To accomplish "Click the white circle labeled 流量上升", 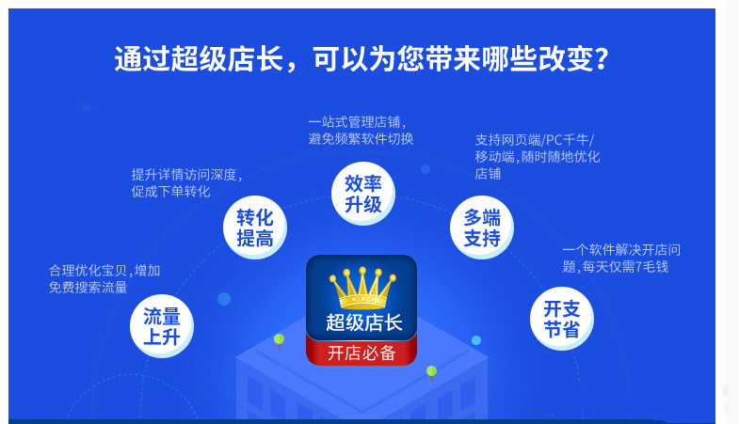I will pos(161,326).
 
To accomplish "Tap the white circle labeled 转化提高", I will pos(254,228).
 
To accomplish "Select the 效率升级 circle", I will pos(362,193).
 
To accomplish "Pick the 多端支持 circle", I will pos(481,228).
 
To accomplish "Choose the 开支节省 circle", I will pos(561,318).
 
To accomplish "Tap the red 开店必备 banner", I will pos(361,353).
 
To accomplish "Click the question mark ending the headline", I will pos(601,59).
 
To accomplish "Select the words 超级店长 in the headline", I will pos(227,59).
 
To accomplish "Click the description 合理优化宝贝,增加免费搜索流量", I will pos(104,278).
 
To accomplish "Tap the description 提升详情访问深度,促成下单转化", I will pos(186,182).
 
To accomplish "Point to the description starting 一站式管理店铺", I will pos(361,130).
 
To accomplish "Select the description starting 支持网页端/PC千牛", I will pos(537,156).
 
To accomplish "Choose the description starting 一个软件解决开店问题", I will pos(620,258).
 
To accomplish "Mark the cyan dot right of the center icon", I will pos(476,340).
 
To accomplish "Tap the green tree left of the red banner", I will pos(279,339).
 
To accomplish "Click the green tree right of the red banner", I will pos(431,371).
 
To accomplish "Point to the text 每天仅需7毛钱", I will pos(625,267).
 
